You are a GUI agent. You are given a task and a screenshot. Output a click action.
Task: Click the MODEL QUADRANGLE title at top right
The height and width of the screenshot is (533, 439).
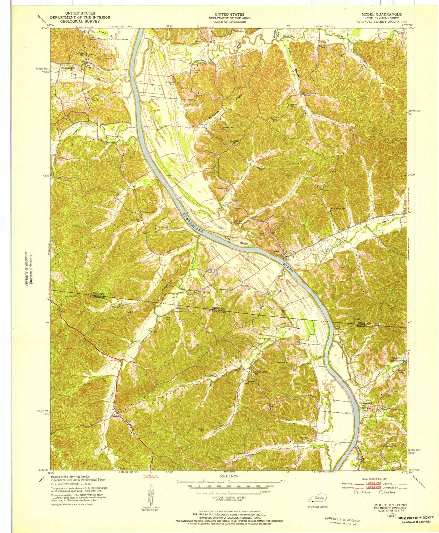click(x=383, y=15)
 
